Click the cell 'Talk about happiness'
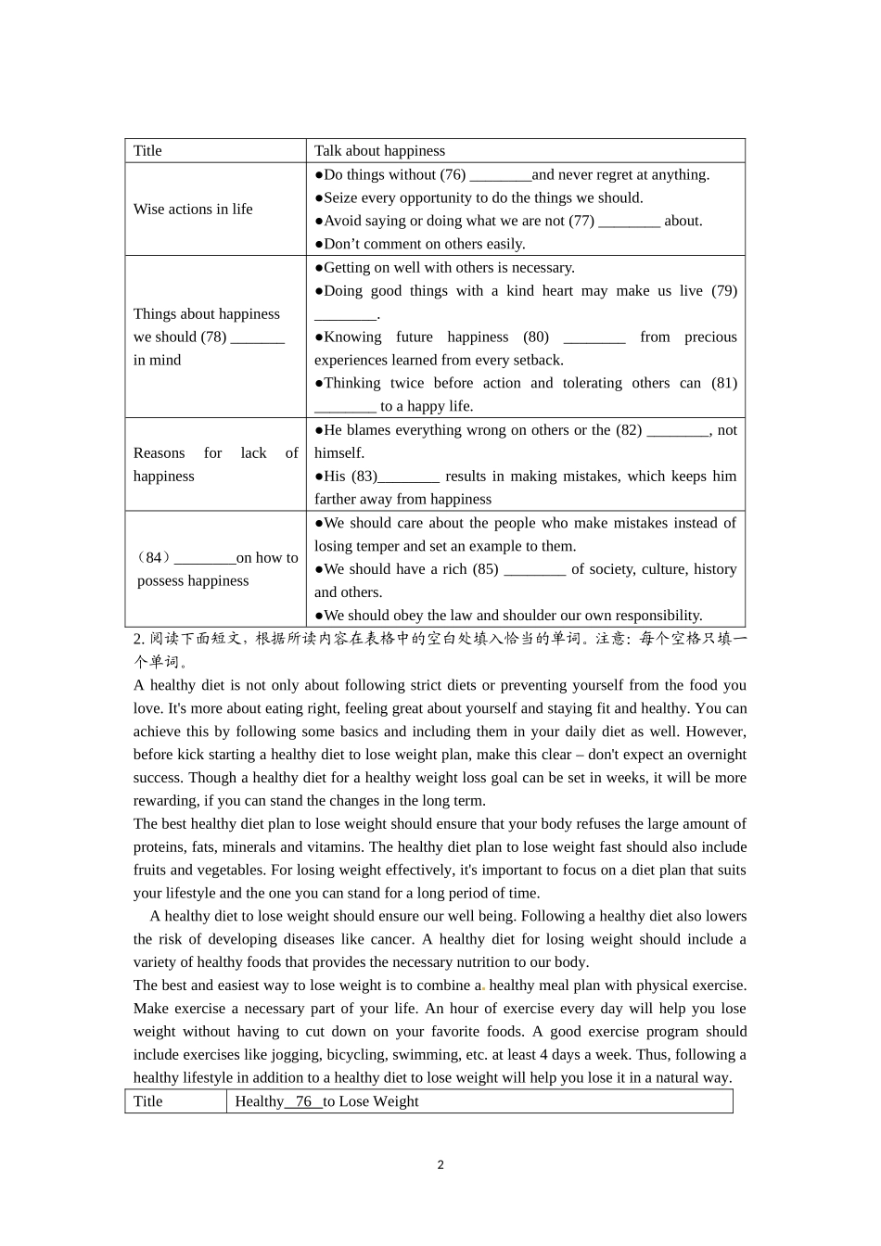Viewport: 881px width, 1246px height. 379,151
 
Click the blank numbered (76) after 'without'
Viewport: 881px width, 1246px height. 500,175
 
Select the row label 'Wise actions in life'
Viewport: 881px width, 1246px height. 193,210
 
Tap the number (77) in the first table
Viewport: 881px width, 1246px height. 581,221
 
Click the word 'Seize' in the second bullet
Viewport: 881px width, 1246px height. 340,197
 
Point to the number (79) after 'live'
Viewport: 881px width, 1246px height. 724,291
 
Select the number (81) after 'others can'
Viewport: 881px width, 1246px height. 724,383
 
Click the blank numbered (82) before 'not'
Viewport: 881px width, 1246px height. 677,430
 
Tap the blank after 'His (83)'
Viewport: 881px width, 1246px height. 409,477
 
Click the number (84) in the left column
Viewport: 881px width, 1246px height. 154,558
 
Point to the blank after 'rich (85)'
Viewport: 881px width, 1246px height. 534,569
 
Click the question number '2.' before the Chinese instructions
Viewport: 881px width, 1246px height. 139,639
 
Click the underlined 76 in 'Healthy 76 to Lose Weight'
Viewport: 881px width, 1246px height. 303,1101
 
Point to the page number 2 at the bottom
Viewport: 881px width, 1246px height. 440,1165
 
